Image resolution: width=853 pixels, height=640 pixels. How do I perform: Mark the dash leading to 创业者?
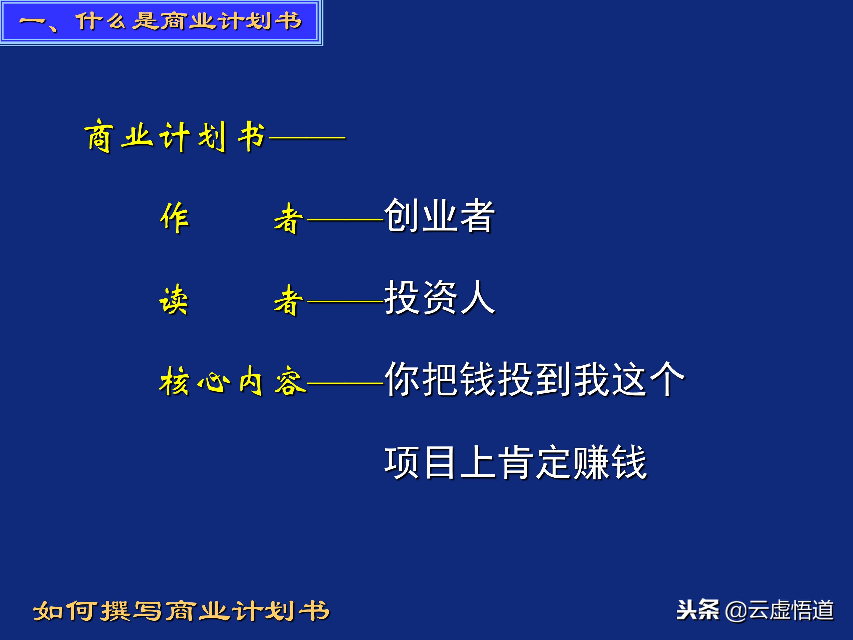344,220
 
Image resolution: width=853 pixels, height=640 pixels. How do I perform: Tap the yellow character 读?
174,300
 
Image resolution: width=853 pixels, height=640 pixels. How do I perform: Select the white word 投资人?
439,297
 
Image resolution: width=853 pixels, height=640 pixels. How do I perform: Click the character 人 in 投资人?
477,297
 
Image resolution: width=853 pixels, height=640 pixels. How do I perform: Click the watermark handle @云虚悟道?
779,611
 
